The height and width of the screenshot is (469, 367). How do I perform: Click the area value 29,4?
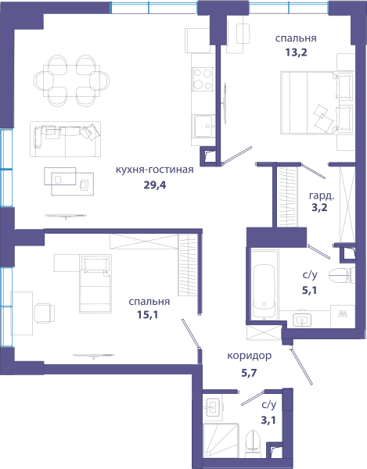point(154,185)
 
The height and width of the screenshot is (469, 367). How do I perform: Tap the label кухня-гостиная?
point(154,170)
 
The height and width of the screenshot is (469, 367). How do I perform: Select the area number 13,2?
point(296,52)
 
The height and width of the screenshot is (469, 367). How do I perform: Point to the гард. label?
point(322,196)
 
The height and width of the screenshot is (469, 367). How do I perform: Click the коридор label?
point(250,356)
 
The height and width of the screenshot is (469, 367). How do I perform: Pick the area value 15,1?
point(148,315)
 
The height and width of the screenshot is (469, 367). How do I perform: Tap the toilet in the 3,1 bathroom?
point(254,442)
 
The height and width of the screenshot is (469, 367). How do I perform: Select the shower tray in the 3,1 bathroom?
point(221,440)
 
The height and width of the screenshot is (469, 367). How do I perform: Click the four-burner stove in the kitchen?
point(203,79)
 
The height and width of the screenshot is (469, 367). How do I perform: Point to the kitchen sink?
point(203,126)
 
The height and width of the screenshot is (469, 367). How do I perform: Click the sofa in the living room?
point(65,139)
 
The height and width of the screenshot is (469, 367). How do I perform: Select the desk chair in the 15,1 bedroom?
point(45,313)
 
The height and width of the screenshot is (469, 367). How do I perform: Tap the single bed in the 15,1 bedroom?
point(95,284)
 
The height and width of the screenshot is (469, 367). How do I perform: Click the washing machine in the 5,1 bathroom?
point(343,316)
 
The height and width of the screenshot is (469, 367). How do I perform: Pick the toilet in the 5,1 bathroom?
point(341,275)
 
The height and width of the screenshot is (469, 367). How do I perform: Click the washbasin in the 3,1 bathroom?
point(213,407)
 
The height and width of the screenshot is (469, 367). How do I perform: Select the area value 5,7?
point(249,373)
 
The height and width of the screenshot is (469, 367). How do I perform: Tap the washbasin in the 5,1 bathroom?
point(302,320)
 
